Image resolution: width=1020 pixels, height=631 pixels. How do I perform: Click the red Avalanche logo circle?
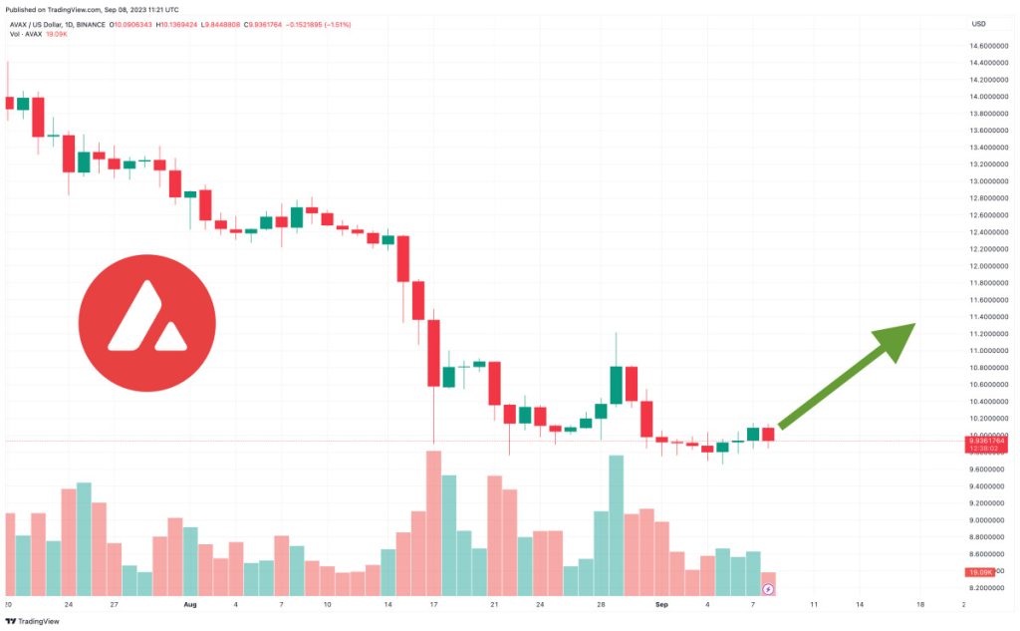point(146,323)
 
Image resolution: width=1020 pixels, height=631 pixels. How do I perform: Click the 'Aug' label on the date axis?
point(190,604)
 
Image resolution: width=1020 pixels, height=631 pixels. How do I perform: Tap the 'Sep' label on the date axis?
point(662,604)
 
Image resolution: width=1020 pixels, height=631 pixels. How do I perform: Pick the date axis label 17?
point(434,604)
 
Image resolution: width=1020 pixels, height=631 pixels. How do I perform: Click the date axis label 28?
point(601,604)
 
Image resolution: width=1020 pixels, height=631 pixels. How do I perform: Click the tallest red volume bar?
point(433,523)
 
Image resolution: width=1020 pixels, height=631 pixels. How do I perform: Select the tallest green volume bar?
point(616,526)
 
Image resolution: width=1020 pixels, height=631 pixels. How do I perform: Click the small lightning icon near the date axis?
point(768,590)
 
